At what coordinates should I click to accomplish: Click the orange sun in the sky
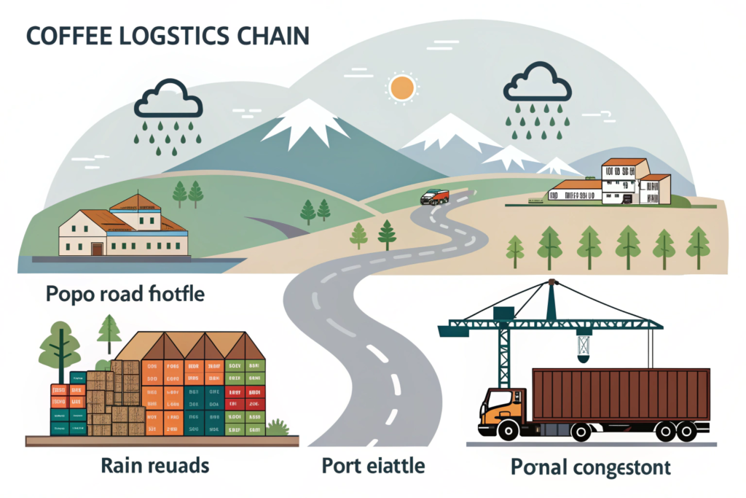401,87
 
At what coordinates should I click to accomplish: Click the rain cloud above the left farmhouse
168,101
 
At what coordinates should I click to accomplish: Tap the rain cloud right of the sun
537,82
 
